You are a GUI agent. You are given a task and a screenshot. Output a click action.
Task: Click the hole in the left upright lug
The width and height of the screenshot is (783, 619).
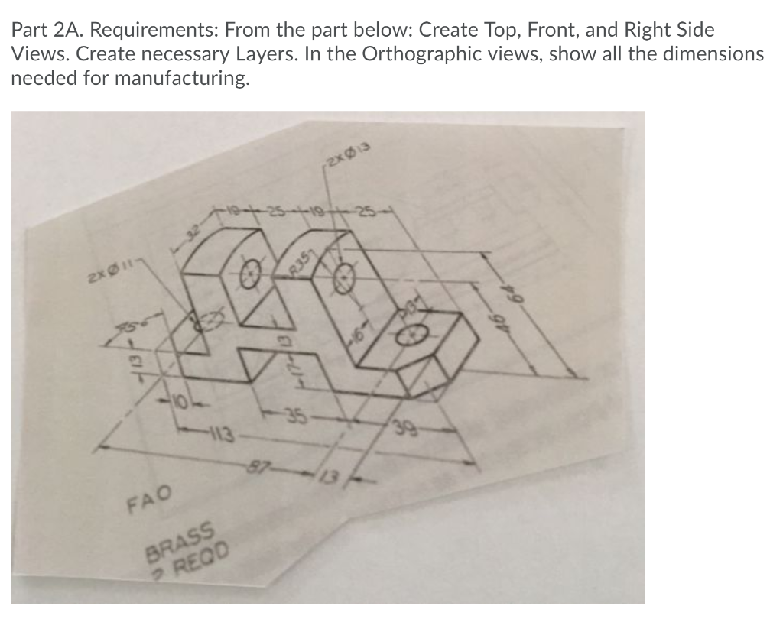point(250,274)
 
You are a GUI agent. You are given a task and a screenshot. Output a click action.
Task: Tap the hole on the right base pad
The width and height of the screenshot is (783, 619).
point(414,334)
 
